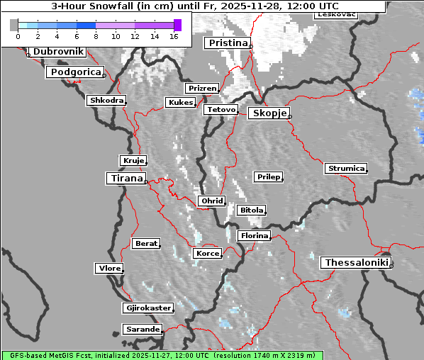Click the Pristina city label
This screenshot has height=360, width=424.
coord(228,43)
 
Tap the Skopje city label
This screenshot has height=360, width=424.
coord(269,113)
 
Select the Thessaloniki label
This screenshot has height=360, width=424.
coord(356,263)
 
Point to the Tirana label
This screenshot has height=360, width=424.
coord(125,179)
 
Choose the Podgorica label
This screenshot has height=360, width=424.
coord(75,72)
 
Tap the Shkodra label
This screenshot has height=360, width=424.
coord(106,101)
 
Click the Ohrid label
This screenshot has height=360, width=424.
coord(211,201)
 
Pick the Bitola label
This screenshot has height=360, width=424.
coord(252,210)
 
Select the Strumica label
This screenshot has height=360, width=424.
coord(346,169)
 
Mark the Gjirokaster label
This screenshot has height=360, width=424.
coord(147,308)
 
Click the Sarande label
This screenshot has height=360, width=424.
coord(142,330)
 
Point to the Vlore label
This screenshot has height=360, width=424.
coord(109,269)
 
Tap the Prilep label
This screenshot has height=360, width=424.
coord(269,176)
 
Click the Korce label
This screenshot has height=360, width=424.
coord(207,254)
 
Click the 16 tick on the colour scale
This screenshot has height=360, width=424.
coord(174,36)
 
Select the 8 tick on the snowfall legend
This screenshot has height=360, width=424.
coord(96,36)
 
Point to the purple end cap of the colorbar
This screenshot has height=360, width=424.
coord(177,25)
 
